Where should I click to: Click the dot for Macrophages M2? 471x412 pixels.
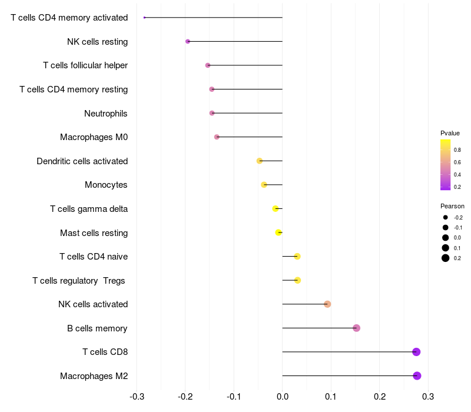point(417,376)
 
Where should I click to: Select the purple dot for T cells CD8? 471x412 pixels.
point(416,352)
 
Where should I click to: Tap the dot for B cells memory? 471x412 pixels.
point(356,328)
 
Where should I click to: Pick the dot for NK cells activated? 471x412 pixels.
point(327,304)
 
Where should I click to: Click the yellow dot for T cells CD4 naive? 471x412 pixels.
point(297,256)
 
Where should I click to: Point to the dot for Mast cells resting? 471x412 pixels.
point(278,232)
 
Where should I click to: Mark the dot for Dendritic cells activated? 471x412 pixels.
point(260,161)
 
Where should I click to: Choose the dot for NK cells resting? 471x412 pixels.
point(188,41)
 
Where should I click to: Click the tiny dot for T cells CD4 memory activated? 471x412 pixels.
point(144,18)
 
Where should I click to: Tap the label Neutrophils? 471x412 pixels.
point(106,113)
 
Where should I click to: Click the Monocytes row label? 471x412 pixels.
point(106,185)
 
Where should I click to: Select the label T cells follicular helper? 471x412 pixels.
point(85,65)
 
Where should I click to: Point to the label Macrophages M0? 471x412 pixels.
point(94,137)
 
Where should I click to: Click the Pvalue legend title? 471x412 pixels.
point(450,133)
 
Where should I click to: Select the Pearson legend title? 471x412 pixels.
point(452,206)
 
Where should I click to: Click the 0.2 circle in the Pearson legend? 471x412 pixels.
point(446,258)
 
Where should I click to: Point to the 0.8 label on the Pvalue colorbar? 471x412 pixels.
point(457,150)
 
